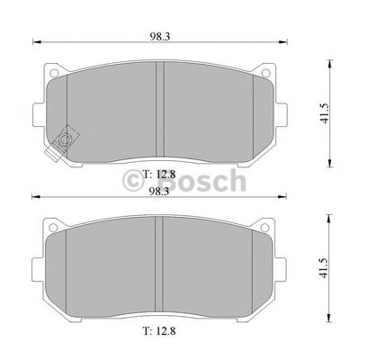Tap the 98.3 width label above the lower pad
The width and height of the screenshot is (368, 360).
point(159,190)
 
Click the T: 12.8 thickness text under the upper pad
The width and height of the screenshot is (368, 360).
point(159,175)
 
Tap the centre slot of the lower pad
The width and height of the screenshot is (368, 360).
point(159,265)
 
